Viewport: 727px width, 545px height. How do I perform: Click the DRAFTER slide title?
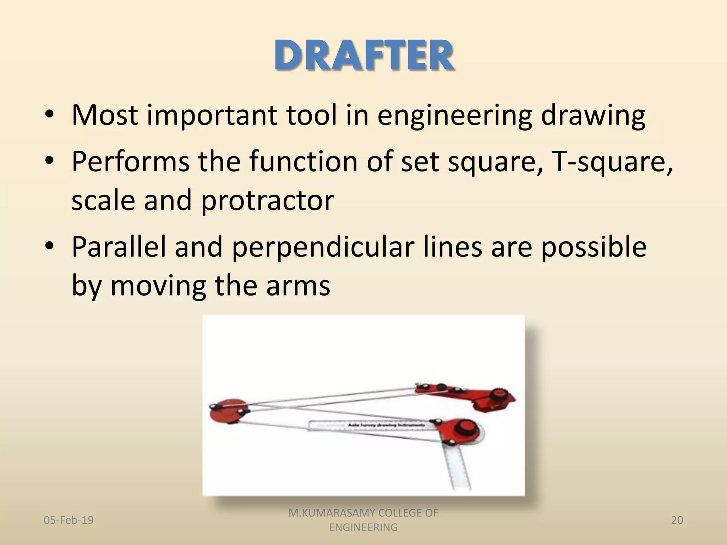(363, 56)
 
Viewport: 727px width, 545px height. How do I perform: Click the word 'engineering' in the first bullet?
(454, 115)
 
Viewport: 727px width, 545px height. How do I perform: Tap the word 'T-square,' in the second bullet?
(612, 161)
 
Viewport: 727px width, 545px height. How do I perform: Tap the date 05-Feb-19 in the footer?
(69, 520)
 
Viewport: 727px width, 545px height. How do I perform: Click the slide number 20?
(677, 520)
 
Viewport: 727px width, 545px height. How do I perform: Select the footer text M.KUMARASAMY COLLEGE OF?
(363, 513)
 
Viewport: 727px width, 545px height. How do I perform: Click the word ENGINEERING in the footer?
(363, 528)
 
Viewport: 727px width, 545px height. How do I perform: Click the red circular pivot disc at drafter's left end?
(225, 412)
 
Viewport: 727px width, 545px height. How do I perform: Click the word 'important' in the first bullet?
(212, 115)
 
